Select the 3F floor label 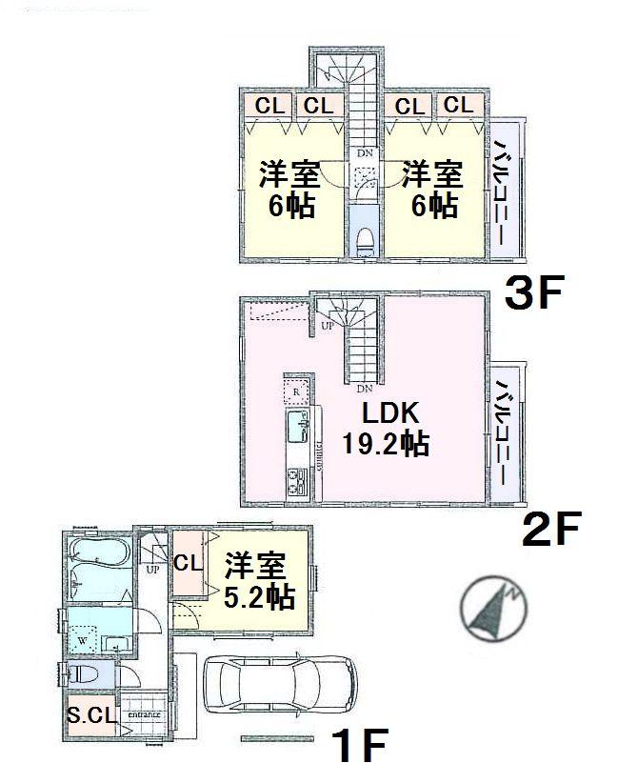click(x=533, y=294)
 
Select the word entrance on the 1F click(x=143, y=714)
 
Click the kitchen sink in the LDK click(x=297, y=423)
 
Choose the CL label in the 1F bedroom click(x=188, y=562)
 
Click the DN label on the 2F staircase click(x=364, y=388)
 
